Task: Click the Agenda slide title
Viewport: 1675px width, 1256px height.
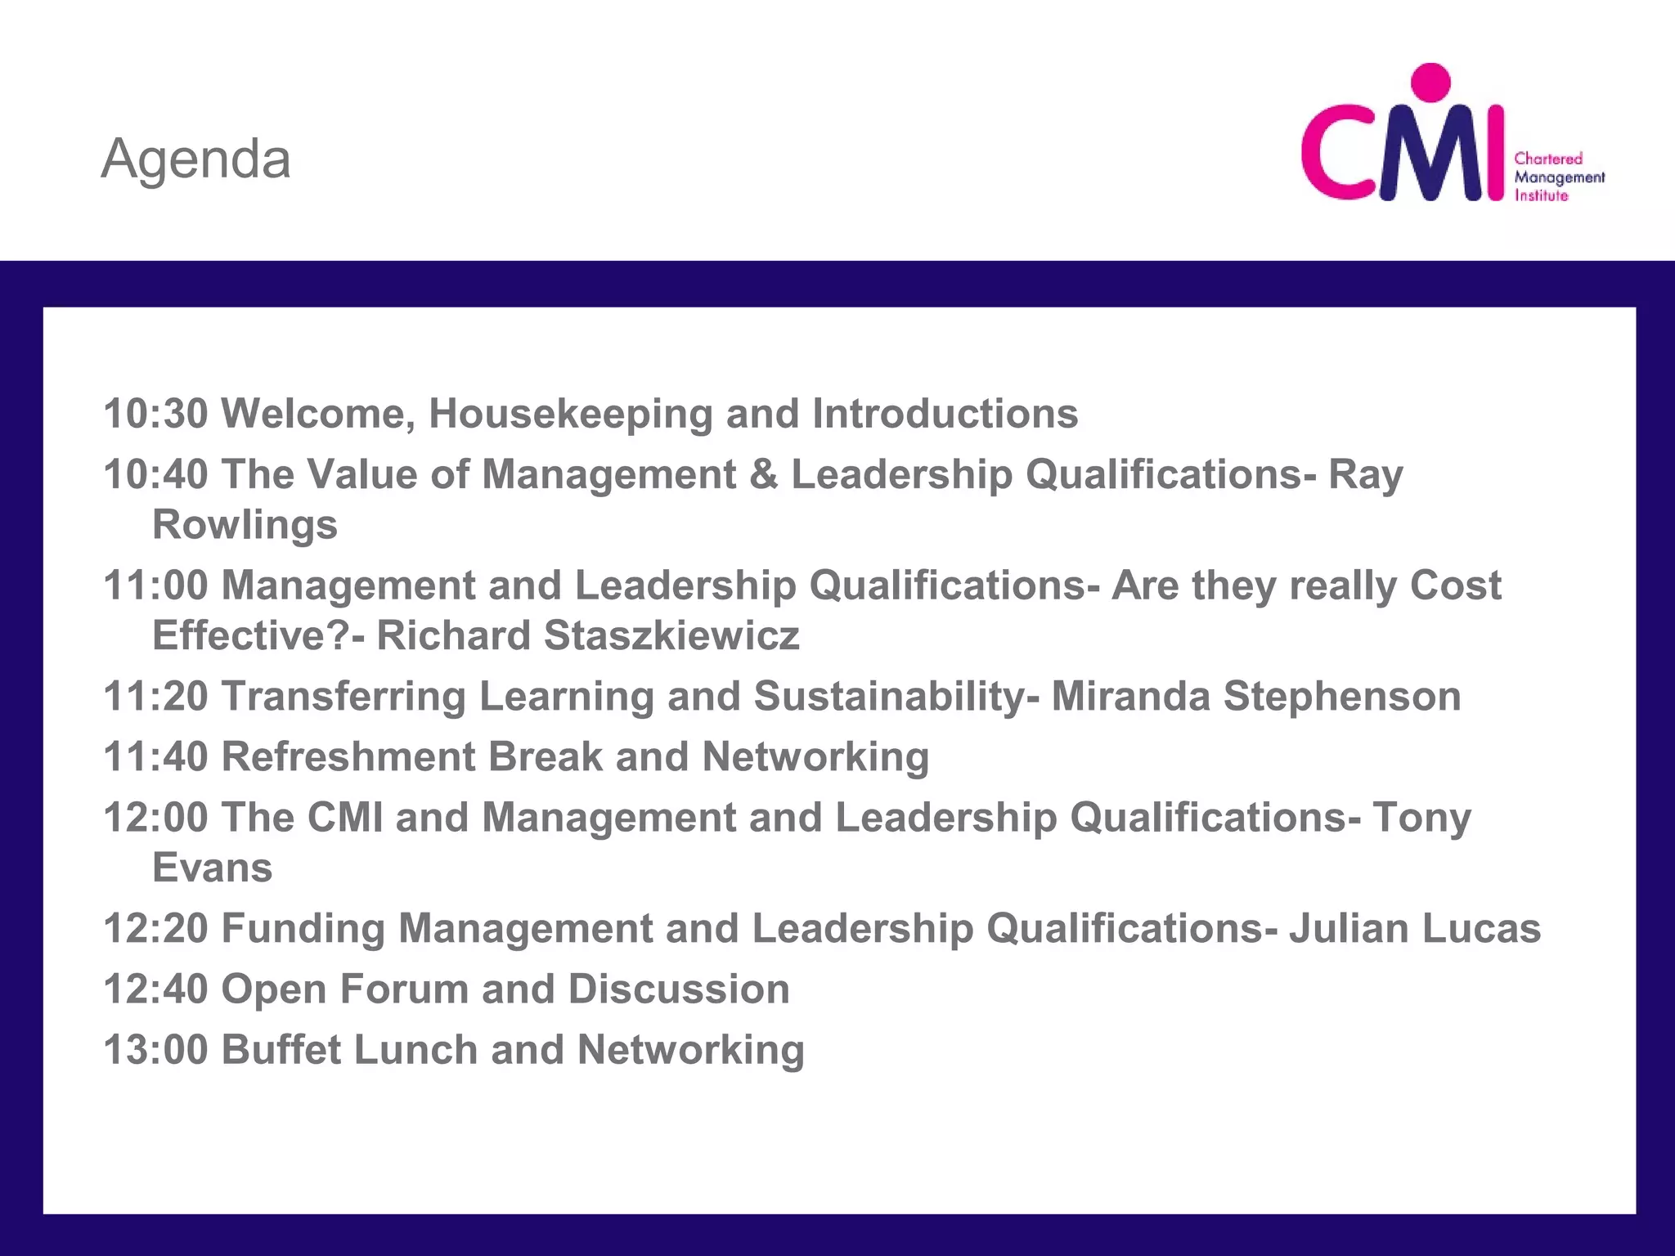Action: pyautogui.click(x=195, y=159)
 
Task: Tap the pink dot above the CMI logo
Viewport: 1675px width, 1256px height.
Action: pyautogui.click(x=1430, y=83)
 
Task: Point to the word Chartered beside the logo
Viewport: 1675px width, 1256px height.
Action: pyautogui.click(x=1548, y=159)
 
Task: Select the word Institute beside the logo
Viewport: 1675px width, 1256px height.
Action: pyautogui.click(x=1541, y=195)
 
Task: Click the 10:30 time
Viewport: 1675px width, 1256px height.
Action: pyautogui.click(x=155, y=414)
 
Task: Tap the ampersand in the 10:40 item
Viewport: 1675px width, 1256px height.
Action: pyautogui.click(x=763, y=474)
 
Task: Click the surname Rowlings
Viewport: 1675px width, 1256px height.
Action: pyautogui.click(x=245, y=524)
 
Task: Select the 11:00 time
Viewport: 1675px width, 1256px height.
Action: pyautogui.click(x=155, y=585)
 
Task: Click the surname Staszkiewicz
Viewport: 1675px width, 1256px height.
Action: pyautogui.click(x=671, y=635)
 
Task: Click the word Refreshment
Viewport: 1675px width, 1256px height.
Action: pyautogui.click(x=348, y=757)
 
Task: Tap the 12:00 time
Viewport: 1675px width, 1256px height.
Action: pyautogui.click(x=155, y=818)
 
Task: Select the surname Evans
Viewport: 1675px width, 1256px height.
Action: pyautogui.click(x=213, y=868)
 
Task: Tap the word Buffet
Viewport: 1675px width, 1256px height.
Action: pyautogui.click(x=281, y=1050)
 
